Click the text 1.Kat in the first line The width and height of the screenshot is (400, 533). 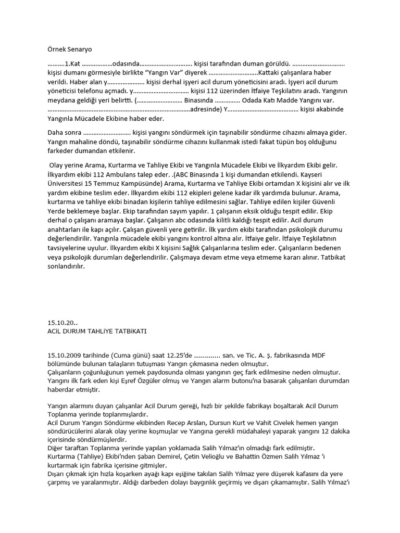pos(70,63)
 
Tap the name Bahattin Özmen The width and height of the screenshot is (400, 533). pos(247,456)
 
